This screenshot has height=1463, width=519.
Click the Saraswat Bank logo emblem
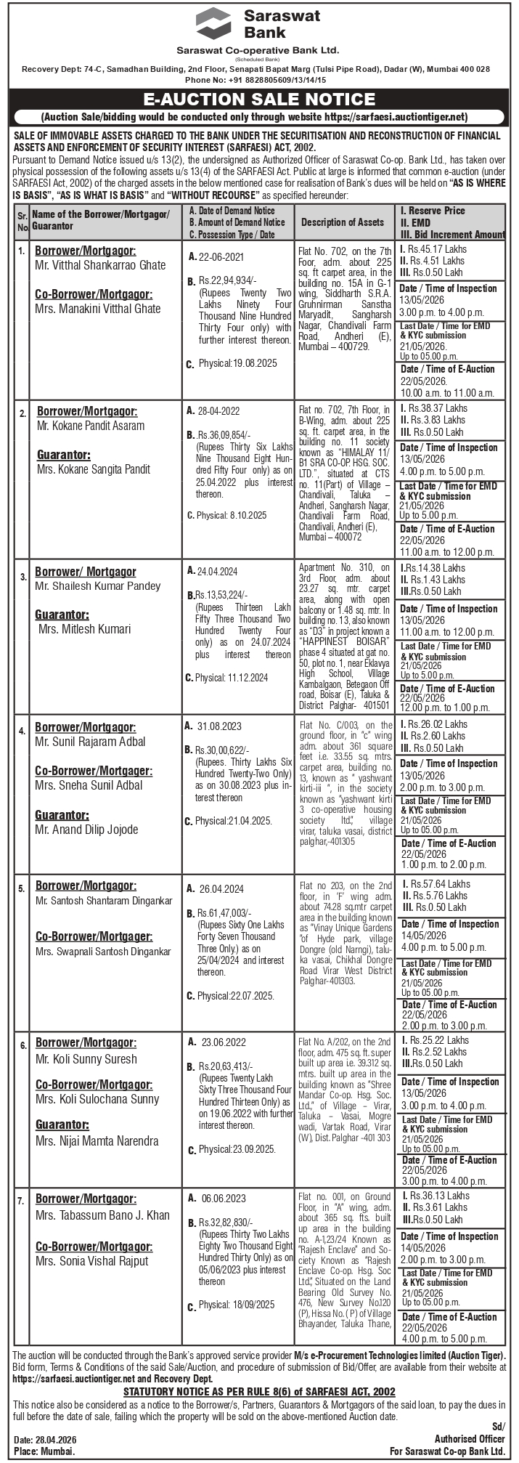click(x=214, y=23)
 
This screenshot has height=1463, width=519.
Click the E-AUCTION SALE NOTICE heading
click(x=259, y=100)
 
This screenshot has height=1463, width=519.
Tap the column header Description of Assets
click(x=342, y=222)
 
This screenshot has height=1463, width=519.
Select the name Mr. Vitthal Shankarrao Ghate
click(x=100, y=265)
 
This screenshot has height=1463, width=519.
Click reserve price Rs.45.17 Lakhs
click(x=438, y=249)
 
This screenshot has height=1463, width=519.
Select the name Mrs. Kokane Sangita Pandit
click(x=94, y=469)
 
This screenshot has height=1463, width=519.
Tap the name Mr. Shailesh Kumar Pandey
click(x=98, y=586)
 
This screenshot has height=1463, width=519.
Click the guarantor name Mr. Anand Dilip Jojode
click(x=86, y=830)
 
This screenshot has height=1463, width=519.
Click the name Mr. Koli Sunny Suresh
click(x=86, y=1058)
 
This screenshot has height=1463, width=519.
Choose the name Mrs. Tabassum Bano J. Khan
click(x=102, y=1215)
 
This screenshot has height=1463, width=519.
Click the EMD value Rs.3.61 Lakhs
click(x=438, y=1207)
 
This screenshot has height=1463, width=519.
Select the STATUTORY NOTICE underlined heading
click(x=259, y=1390)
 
